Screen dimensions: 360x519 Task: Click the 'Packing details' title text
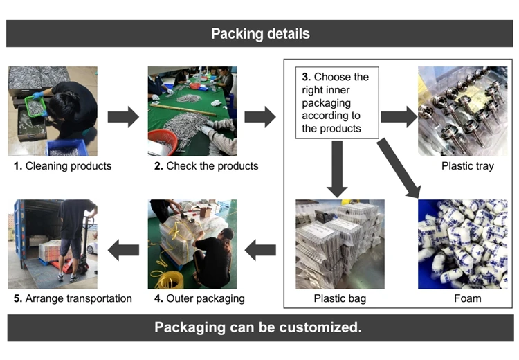[x=259, y=34]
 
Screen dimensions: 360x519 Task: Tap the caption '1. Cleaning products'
[x=63, y=166]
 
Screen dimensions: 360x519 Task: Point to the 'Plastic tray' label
[x=467, y=166]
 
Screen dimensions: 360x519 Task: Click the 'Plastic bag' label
[x=340, y=299]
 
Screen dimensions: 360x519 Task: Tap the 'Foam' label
[x=467, y=299]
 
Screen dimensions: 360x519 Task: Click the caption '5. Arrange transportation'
[x=73, y=299]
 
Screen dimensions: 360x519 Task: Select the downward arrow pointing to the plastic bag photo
[x=337, y=167]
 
